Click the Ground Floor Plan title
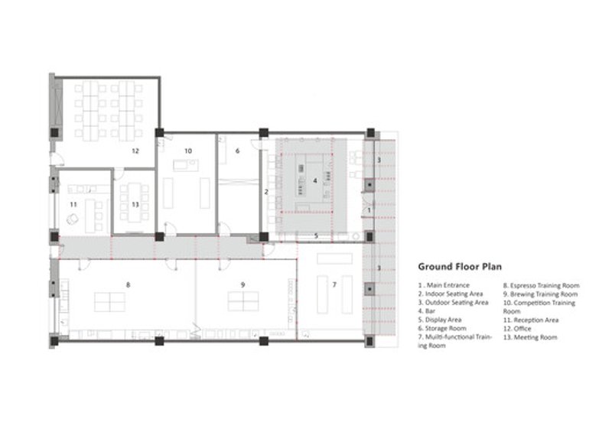pos(460,267)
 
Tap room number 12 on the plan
pos(135,151)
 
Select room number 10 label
pos(188,151)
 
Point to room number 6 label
pos(237,151)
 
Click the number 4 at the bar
pos(315,180)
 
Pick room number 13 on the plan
pos(135,204)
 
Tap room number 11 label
pos(73,204)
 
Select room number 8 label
pos(128,285)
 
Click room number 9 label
pos(243,285)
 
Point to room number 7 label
pos(334,285)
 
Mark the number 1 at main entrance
pos(369,210)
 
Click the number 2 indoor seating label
pos(266,192)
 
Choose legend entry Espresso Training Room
pos(542,285)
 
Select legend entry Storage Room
pos(442,328)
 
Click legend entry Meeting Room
pos(530,337)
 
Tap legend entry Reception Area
pos(531,320)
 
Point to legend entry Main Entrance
pos(444,285)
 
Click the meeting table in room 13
pos(135,201)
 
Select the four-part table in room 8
pos(109,302)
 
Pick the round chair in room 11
pos(73,219)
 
